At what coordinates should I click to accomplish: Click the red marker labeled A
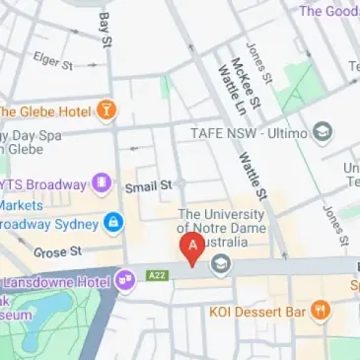[192, 248]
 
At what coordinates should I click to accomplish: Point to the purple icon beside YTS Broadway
[101, 181]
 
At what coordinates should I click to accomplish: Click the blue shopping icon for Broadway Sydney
[113, 222]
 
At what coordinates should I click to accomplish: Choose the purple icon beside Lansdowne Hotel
[124, 281]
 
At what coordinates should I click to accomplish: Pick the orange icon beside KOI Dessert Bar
[321, 313]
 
